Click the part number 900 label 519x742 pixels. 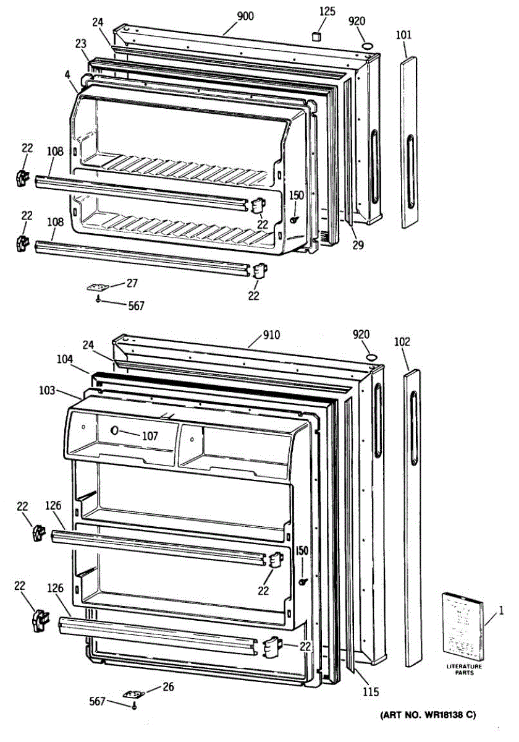click(x=245, y=17)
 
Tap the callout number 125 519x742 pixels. click(x=328, y=11)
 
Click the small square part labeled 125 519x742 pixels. click(x=318, y=36)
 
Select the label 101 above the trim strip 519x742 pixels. click(x=403, y=35)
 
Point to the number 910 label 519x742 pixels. click(x=271, y=335)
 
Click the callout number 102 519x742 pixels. click(x=402, y=341)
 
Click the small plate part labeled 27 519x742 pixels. click(x=96, y=288)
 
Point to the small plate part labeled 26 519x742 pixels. click(x=132, y=694)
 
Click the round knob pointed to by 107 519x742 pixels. click(x=114, y=430)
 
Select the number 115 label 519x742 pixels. click(x=371, y=692)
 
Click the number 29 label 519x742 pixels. click(x=358, y=245)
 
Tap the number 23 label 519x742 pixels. click(x=82, y=44)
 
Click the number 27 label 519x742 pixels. click(x=132, y=283)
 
